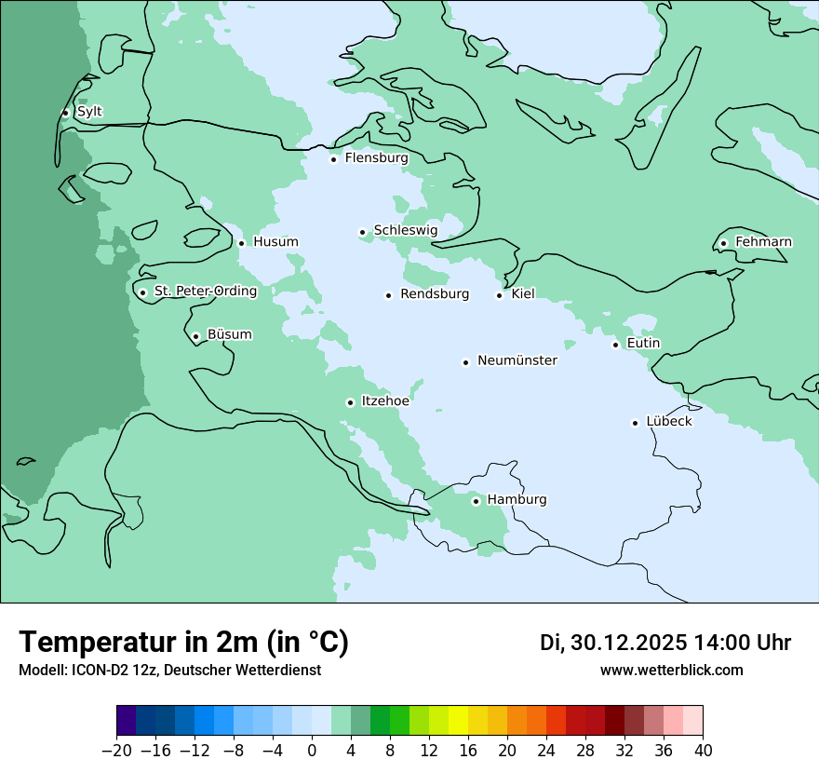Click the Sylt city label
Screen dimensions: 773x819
(89, 112)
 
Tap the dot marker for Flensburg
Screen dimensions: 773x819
(333, 159)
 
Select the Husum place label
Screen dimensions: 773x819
(275, 242)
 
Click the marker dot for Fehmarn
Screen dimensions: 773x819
(723, 244)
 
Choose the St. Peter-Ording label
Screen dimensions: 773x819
(205, 292)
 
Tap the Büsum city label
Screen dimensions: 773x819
(229, 335)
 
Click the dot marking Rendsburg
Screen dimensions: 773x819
(388, 296)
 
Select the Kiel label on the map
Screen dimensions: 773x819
(523, 294)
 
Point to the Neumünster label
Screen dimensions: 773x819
(517, 360)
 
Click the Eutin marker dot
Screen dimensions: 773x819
(615, 346)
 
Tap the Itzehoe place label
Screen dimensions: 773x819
(385, 401)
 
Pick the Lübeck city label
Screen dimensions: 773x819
(668, 421)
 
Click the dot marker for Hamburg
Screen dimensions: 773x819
(476, 501)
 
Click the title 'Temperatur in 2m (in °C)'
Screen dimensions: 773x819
(183, 643)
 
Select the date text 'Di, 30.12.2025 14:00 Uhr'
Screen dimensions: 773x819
(665, 643)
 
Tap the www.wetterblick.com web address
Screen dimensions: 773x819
(671, 670)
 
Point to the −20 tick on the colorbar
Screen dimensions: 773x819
(116, 751)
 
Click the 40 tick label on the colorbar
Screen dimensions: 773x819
(703, 751)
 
